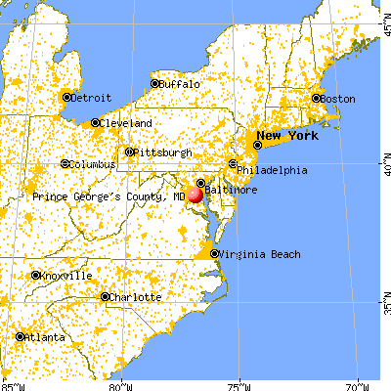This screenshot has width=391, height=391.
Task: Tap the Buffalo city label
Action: (181, 85)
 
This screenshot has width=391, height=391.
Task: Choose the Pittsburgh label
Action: (163, 152)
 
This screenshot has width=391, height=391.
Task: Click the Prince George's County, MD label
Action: (109, 196)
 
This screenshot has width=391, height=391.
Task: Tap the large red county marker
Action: (195, 195)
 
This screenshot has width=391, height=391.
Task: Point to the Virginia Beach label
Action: (256, 254)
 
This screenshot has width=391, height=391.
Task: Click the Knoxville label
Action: (65, 276)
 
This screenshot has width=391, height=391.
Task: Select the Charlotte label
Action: (135, 297)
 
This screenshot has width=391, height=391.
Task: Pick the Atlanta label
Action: (45, 337)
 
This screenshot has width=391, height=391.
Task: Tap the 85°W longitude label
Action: (13, 384)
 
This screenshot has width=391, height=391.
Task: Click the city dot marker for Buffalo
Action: (154, 84)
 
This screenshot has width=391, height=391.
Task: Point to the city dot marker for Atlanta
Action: (21, 337)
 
